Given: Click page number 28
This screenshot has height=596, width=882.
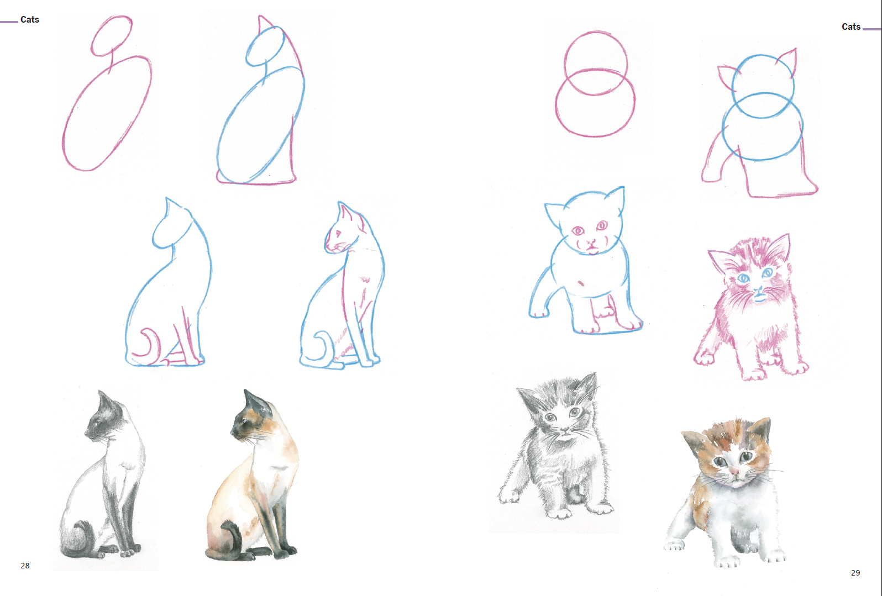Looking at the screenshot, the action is coord(25,566).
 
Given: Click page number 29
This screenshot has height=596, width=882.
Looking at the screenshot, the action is coord(855,573).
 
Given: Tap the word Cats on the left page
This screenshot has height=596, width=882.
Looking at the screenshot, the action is coord(30,19).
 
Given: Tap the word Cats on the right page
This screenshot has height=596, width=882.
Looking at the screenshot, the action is coord(851,27).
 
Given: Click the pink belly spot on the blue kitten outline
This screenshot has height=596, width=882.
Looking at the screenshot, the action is coord(581,283).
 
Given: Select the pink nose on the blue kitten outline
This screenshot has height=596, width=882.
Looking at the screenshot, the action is coord(591,242).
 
